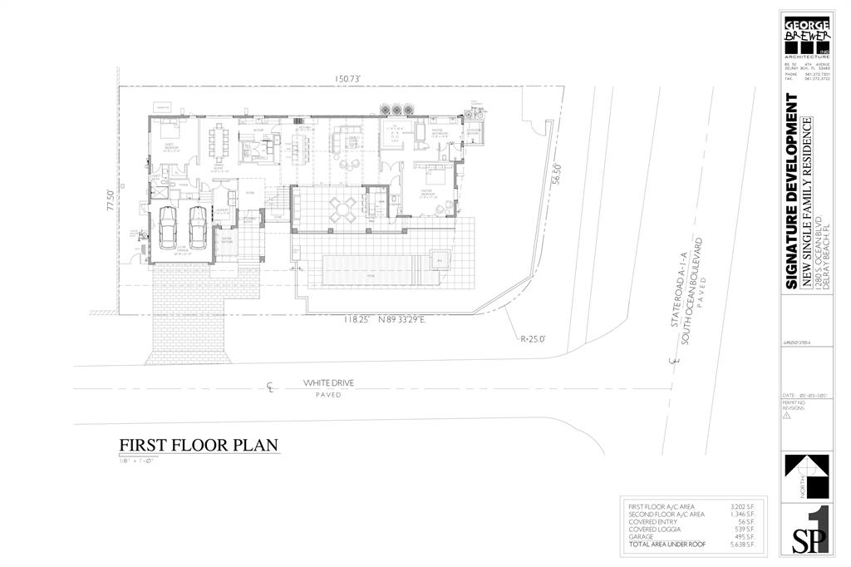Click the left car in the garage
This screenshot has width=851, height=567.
169,225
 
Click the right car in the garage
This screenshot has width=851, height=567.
197,225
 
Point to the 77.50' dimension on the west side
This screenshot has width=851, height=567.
108,203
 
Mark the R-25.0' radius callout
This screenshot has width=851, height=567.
534,339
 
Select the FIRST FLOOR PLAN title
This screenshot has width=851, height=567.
198,445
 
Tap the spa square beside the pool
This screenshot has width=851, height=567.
440,259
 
